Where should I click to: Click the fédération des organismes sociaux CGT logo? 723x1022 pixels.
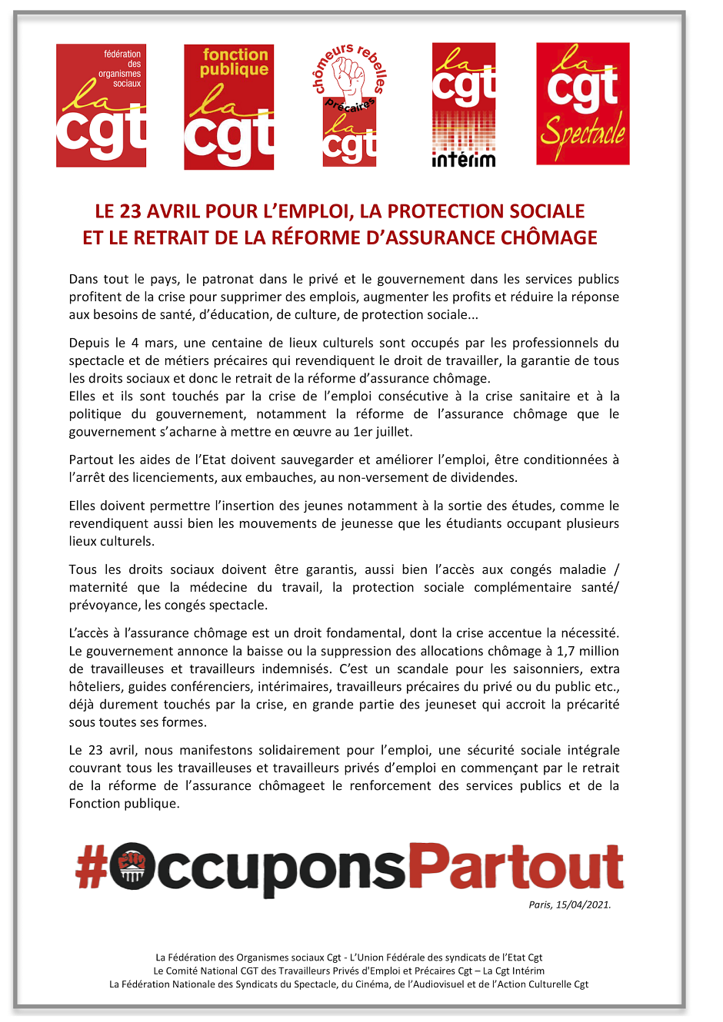101,105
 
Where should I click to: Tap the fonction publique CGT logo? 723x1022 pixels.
228,107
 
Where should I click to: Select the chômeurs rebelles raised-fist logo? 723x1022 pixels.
350,105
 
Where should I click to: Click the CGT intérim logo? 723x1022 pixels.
464,105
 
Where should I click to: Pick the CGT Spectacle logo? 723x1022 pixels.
582,104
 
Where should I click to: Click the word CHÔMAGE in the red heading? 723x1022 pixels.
549,237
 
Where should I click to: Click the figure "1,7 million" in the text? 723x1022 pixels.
588,651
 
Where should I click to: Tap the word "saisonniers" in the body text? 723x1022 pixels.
540,669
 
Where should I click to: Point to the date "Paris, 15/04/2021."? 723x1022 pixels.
569,904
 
